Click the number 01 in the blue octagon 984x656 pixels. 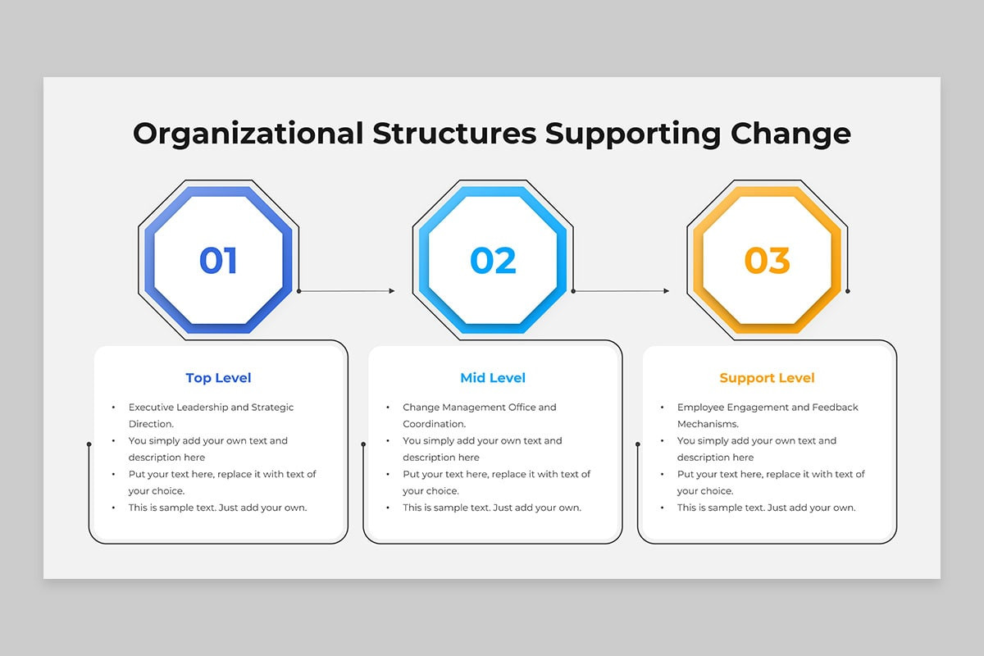tap(218, 260)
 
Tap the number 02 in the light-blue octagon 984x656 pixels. tap(493, 260)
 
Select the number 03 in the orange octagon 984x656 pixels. tap(767, 260)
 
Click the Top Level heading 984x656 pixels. tap(218, 378)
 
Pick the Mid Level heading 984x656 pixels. tap(493, 378)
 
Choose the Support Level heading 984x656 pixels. tap(767, 378)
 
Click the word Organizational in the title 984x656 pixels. tap(248, 134)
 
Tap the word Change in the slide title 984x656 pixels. tap(790, 134)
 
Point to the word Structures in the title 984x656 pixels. tap(454, 133)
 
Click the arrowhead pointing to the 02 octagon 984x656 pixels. tap(392, 291)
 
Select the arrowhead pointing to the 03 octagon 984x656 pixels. tap(667, 291)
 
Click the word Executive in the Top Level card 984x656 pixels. tap(151, 408)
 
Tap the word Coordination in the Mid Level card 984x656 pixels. tap(434, 424)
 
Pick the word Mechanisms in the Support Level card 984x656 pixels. tap(708, 424)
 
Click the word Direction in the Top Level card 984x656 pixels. tap(151, 424)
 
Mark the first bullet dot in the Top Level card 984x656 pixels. tap(114, 408)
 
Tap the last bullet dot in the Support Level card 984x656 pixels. tap(663, 508)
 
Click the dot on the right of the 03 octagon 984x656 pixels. tap(848, 291)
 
